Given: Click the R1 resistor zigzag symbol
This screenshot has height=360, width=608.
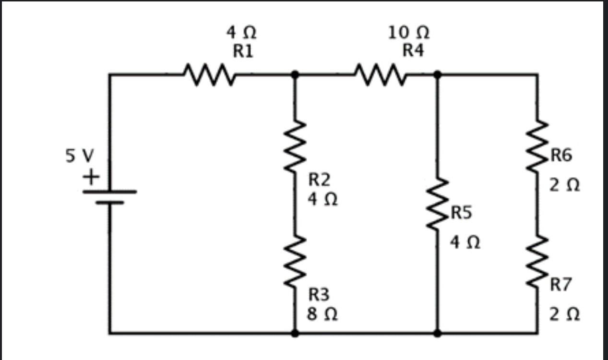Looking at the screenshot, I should tap(209, 75).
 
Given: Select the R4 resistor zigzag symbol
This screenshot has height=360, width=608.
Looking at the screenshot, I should tap(380, 75).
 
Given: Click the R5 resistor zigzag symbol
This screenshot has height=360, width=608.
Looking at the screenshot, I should tap(438, 204).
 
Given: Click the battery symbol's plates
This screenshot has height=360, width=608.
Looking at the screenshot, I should tap(109, 197).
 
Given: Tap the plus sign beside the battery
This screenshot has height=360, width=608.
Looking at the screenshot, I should tap(90, 178).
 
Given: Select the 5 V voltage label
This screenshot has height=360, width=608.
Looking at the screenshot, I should tap(80, 156).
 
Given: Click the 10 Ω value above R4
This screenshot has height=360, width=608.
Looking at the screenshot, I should tap(408, 33).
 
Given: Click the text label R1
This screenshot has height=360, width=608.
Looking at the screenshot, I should tap(243, 50).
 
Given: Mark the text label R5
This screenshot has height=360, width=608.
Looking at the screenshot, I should tap(461, 213).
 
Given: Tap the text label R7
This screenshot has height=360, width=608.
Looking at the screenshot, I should tap(561, 285).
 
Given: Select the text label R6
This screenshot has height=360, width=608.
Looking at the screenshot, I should tap(561, 155).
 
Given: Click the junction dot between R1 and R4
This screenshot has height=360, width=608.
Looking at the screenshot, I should tap(295, 75).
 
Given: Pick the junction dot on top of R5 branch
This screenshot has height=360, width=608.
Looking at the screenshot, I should tap(438, 75).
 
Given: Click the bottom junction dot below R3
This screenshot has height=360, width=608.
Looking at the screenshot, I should tap(295, 333).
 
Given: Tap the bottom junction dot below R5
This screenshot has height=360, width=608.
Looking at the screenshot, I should tap(438, 333).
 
